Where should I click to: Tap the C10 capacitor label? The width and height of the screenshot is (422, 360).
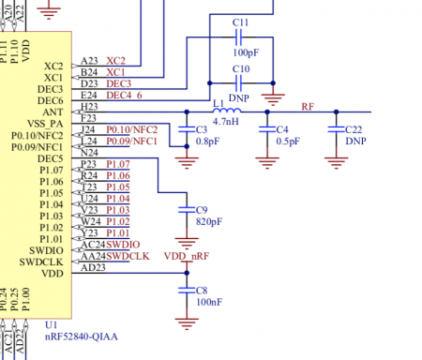click(x=240, y=70)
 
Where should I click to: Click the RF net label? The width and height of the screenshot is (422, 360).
click(x=308, y=106)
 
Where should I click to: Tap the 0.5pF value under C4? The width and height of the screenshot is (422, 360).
click(x=288, y=141)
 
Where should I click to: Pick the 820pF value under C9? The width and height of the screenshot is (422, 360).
click(x=210, y=222)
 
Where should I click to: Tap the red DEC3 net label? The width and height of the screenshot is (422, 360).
click(x=118, y=82)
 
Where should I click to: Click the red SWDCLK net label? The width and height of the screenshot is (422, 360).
click(x=127, y=256)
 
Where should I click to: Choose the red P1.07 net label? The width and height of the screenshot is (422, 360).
click(x=117, y=164)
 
